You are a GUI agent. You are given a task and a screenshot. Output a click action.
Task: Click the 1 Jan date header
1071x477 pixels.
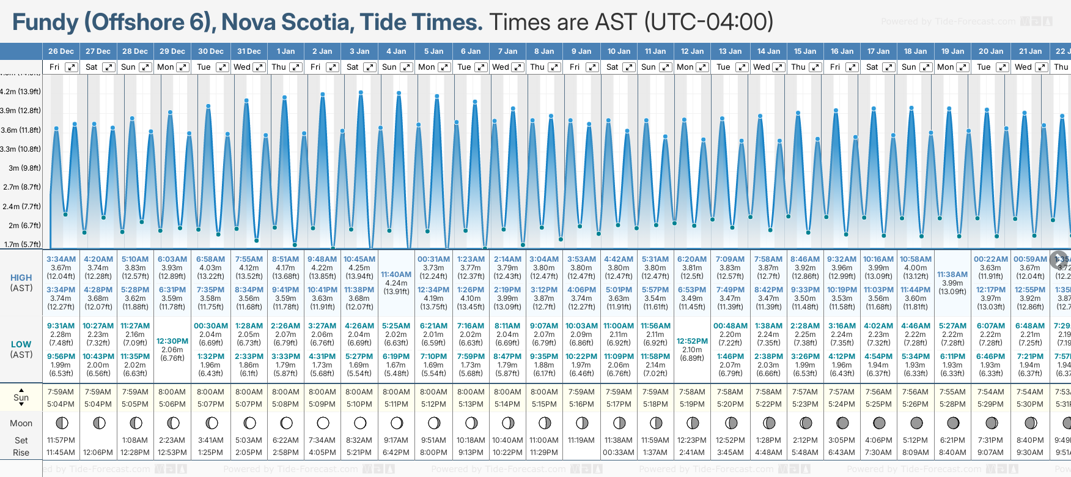pos(285,51)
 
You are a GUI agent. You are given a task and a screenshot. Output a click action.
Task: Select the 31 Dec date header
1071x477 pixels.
pos(249,51)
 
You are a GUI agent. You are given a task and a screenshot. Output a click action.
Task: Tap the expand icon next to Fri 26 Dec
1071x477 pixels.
pos(72,67)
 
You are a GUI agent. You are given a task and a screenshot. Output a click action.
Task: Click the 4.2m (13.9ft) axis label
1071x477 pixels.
pos(21,92)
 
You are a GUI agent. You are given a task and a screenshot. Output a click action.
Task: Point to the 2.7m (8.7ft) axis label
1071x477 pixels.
pos(21,187)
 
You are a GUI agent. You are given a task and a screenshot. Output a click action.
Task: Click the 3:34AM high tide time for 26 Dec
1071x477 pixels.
pos(61,259)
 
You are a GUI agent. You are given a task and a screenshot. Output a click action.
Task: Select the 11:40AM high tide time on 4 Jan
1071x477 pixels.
pos(396,275)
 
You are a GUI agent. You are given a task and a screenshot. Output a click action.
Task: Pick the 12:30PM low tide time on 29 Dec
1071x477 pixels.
pos(172,341)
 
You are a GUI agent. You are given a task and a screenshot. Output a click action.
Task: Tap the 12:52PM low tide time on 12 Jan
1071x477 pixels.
pos(692,341)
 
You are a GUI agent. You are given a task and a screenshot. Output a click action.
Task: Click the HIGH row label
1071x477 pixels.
pos(21,278)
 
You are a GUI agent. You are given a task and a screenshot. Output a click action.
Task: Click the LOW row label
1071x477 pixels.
pos(21,344)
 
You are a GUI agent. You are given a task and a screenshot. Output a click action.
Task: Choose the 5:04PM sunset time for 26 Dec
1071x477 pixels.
pos(61,404)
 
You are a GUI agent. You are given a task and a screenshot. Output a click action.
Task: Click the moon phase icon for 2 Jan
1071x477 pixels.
pos(323,423)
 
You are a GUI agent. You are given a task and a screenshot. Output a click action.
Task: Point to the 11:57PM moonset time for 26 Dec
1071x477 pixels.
pos(61,440)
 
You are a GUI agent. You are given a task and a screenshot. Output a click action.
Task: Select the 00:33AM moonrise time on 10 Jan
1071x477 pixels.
pos(619,453)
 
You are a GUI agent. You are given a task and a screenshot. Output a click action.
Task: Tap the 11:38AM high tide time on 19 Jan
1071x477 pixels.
pos(952,275)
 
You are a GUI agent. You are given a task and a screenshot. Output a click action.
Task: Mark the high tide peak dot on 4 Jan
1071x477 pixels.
pos(399,94)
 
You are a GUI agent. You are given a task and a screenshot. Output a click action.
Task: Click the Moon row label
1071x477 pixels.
pos(21,423)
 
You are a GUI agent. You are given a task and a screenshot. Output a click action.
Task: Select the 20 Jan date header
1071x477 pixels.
pos(991,51)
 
